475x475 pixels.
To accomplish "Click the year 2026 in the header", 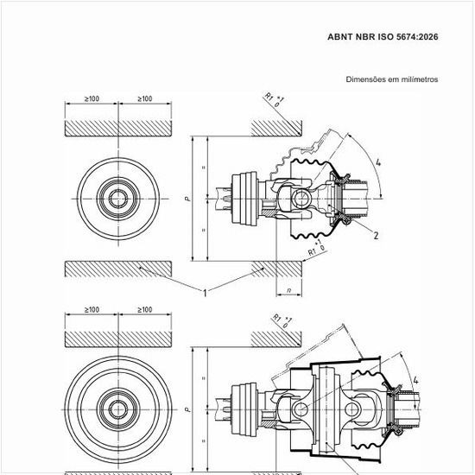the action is tap(427, 37).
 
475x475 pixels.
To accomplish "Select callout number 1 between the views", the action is tap(205, 293).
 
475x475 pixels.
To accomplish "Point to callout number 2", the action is tap(376, 236).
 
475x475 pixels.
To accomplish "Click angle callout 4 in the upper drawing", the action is tap(378, 162).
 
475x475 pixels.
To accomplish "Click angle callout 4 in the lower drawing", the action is tap(416, 380).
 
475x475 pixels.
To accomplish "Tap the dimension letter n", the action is tap(289, 290).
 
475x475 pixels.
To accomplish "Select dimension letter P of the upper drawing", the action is tap(188, 199).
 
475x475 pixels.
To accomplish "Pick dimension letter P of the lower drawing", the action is tap(188, 409).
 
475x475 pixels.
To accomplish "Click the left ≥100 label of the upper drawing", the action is tap(92, 98).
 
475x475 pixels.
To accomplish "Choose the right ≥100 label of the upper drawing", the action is tap(145, 98).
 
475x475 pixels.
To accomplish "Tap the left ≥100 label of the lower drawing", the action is tap(92, 310).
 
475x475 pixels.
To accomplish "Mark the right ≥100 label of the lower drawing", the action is tap(145, 310).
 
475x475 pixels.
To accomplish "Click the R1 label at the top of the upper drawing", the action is tap(269, 97).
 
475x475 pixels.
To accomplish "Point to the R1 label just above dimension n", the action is tap(312, 252).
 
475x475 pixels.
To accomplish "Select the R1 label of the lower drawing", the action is tap(277, 318).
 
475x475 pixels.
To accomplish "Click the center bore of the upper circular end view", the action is tap(118, 199).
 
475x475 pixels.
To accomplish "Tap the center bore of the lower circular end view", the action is tap(118, 410).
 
